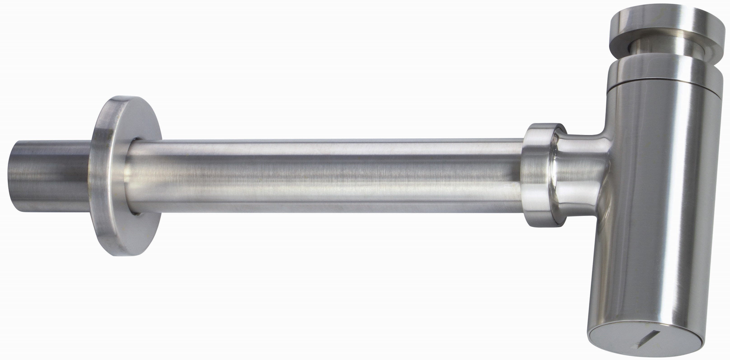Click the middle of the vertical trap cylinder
click(x=660, y=198)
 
